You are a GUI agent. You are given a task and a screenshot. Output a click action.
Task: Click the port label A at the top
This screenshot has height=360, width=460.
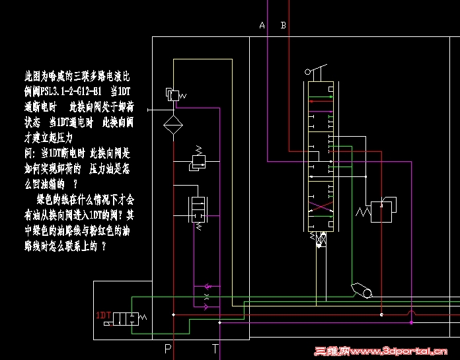click(x=262, y=26)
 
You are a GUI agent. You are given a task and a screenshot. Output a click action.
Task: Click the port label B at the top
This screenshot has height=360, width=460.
click(x=284, y=26)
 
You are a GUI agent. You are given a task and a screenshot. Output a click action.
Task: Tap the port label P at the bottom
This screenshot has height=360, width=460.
click(x=168, y=348)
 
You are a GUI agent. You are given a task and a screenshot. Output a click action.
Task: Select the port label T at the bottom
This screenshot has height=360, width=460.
click(x=215, y=348)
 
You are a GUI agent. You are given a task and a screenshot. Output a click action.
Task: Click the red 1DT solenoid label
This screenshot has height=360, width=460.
click(x=103, y=315)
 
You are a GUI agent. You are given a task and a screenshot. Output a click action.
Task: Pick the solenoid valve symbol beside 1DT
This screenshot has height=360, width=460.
click(x=126, y=318)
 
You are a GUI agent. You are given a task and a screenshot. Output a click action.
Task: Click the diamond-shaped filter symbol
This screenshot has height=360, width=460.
click(x=173, y=124)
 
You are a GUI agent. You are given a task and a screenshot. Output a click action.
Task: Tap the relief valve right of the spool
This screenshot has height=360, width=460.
click(x=385, y=211)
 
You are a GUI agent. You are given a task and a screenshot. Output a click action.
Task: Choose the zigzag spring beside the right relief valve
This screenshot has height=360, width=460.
click(x=363, y=212)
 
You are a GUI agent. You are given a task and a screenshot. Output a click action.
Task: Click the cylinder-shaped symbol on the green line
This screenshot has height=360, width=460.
click(x=363, y=290)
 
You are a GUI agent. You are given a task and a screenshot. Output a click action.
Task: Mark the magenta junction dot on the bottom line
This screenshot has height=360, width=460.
click(x=411, y=323)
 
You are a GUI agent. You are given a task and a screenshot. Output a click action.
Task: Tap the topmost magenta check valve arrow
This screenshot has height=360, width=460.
click(x=208, y=287)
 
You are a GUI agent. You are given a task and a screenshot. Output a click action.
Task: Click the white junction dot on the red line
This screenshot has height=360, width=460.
click(x=381, y=315)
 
